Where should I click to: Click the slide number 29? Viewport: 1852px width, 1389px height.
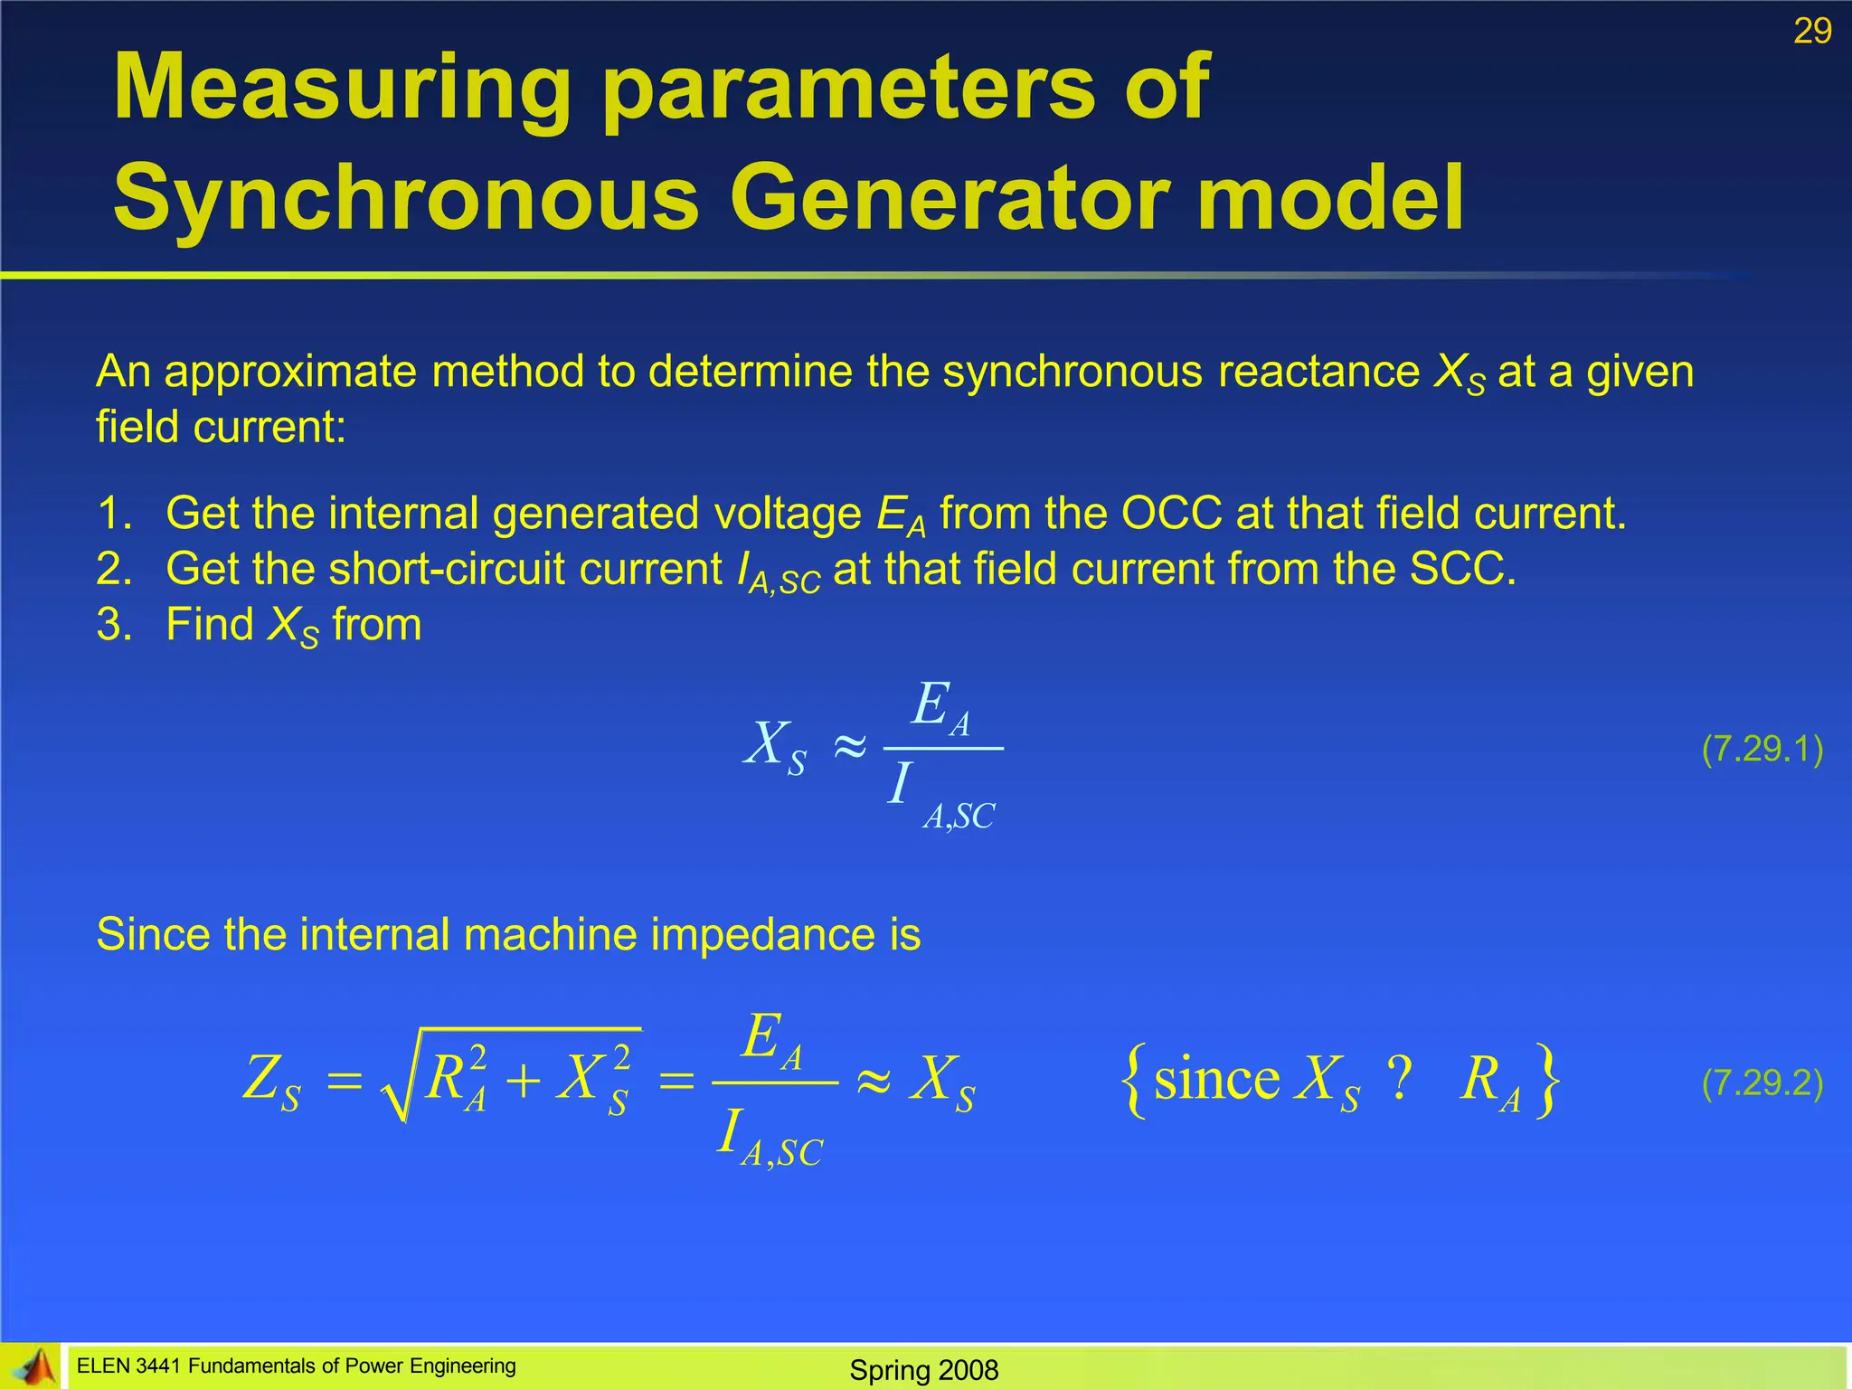click(1812, 32)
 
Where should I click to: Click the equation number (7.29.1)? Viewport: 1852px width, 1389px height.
click(1762, 749)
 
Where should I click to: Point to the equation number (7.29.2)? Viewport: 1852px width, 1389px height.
click(1762, 1082)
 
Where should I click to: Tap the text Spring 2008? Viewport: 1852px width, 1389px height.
click(923, 1370)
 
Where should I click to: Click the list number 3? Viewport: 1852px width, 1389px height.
click(114, 625)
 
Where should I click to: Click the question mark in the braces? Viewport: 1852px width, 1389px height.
click(1399, 1078)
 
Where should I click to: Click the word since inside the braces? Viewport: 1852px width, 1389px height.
click(1216, 1079)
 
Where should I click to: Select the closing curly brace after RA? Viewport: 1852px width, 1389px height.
click(1548, 1081)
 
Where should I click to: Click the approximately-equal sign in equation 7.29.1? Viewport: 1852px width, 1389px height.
click(848, 747)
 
